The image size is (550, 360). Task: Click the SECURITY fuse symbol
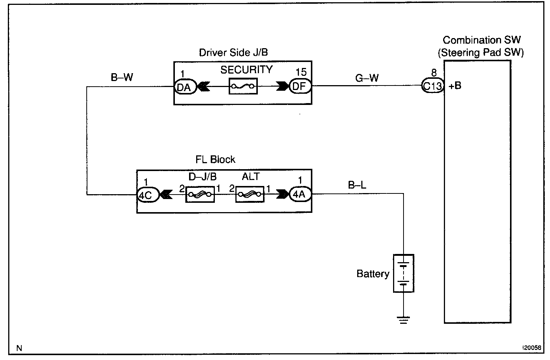click(x=243, y=86)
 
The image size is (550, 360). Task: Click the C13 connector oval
click(x=432, y=86)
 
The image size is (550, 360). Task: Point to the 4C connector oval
click(x=147, y=194)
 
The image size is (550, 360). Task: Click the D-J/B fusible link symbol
click(x=200, y=194)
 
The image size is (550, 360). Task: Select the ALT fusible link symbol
click(x=250, y=194)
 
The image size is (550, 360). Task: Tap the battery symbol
click(x=404, y=273)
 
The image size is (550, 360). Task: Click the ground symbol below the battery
click(x=404, y=320)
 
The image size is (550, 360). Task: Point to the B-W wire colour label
click(x=122, y=78)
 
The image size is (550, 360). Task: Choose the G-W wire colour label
click(x=367, y=78)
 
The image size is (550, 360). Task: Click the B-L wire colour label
click(x=357, y=185)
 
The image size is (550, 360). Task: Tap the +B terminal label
click(x=455, y=86)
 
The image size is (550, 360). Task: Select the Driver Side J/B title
click(x=233, y=53)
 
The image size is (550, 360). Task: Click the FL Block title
click(x=216, y=160)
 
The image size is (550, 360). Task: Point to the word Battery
click(x=373, y=274)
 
